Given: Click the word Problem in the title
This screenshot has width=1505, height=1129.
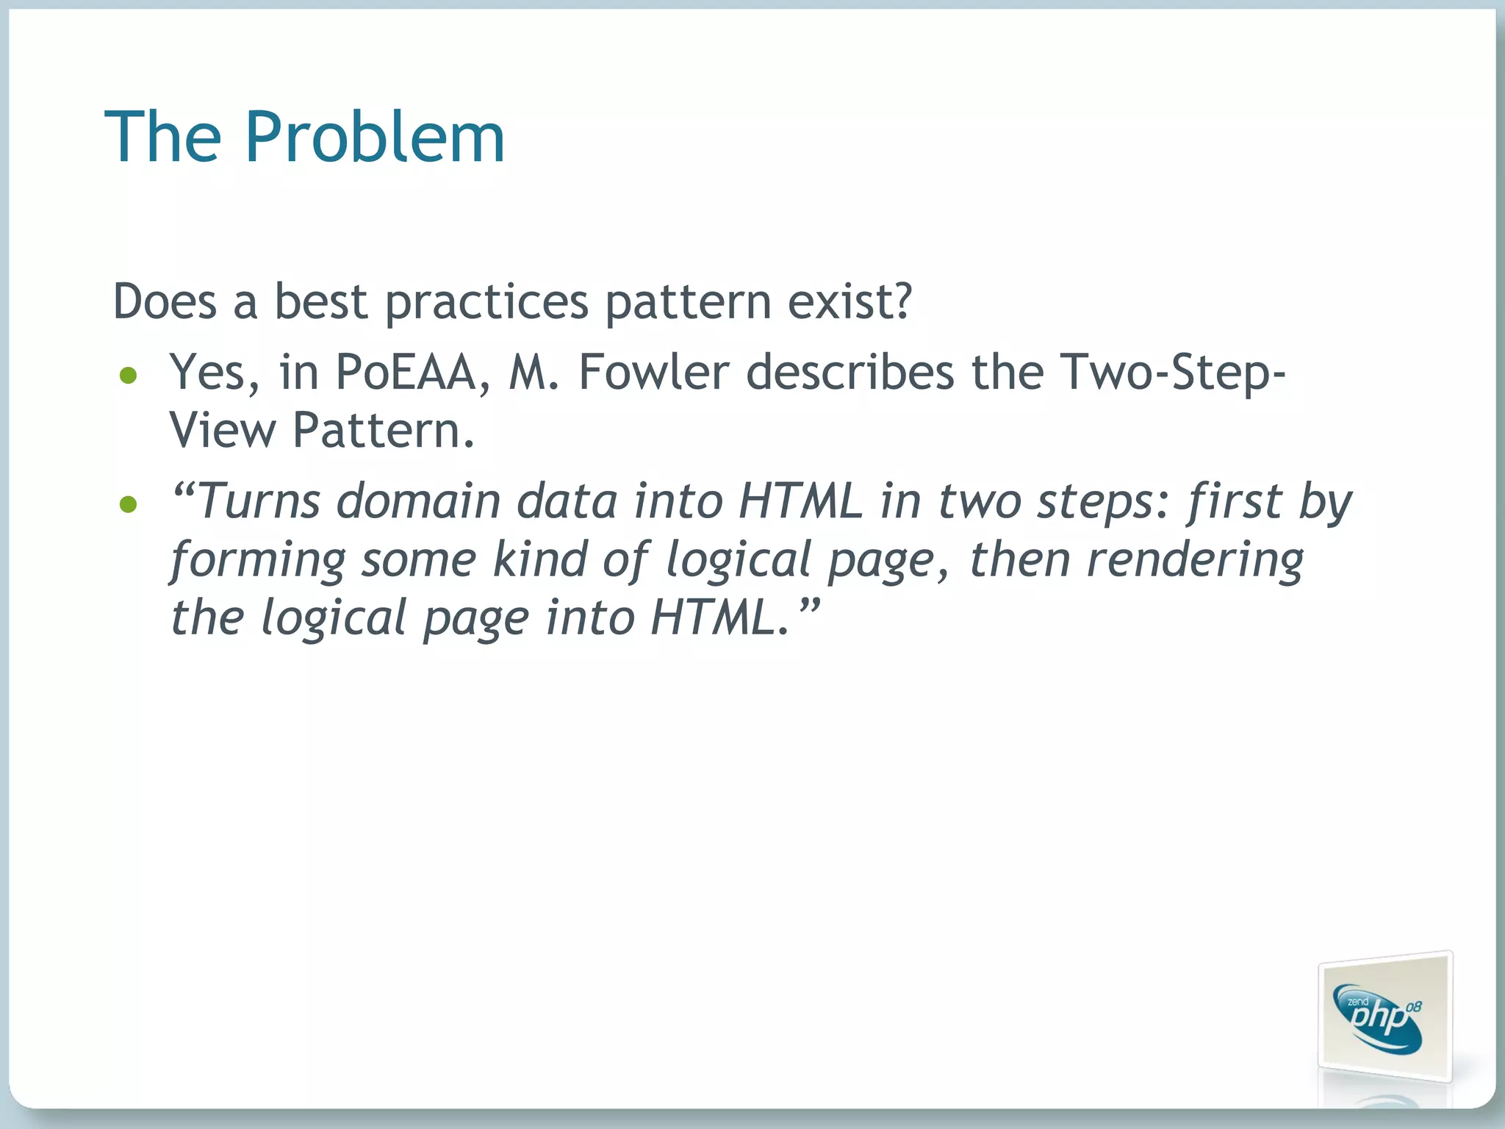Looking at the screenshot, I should pos(374,137).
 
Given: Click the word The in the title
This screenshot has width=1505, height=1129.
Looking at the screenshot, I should pos(162,137).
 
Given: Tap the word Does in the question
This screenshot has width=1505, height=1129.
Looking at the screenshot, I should pos(165,301).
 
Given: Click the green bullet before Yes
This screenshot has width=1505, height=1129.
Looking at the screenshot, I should pos(129,376).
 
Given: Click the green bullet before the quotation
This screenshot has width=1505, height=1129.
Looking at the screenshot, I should pos(129,504).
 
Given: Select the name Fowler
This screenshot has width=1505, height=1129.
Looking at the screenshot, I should pos(653,373).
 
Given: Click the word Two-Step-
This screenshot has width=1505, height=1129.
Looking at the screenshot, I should pos(1172,373).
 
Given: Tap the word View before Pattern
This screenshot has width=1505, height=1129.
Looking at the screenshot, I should pos(222,431).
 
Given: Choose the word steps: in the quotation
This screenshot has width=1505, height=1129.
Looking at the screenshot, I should pos(1102,502).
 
